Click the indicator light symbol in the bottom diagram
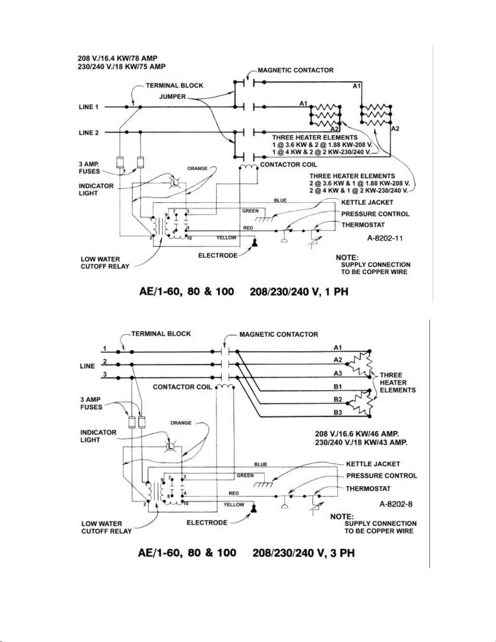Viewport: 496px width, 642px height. pyautogui.click(x=170, y=446)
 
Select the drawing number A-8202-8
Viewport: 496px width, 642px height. pyautogui.click(x=396, y=504)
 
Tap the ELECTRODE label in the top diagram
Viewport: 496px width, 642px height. pyautogui.click(x=218, y=256)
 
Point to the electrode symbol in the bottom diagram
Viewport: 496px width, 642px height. pyautogui.click(x=254, y=506)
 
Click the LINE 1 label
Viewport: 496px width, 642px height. pyautogui.click(x=89, y=107)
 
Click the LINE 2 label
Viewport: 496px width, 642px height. pyautogui.click(x=89, y=132)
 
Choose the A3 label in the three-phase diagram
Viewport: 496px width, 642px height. pyautogui.click(x=338, y=373)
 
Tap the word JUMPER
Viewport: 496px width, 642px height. pyautogui.click(x=172, y=97)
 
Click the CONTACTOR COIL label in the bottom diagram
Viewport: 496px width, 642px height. pyautogui.click(x=182, y=387)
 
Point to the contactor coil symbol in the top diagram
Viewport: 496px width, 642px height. pyautogui.click(x=248, y=168)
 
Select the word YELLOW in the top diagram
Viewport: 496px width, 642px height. pyautogui.click(x=226, y=238)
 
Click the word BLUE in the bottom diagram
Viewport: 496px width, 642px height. pyautogui.click(x=260, y=464)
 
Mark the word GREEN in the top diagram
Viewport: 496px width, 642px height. pyautogui.click(x=250, y=211)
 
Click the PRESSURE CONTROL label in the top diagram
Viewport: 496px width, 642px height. pyautogui.click(x=375, y=214)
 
